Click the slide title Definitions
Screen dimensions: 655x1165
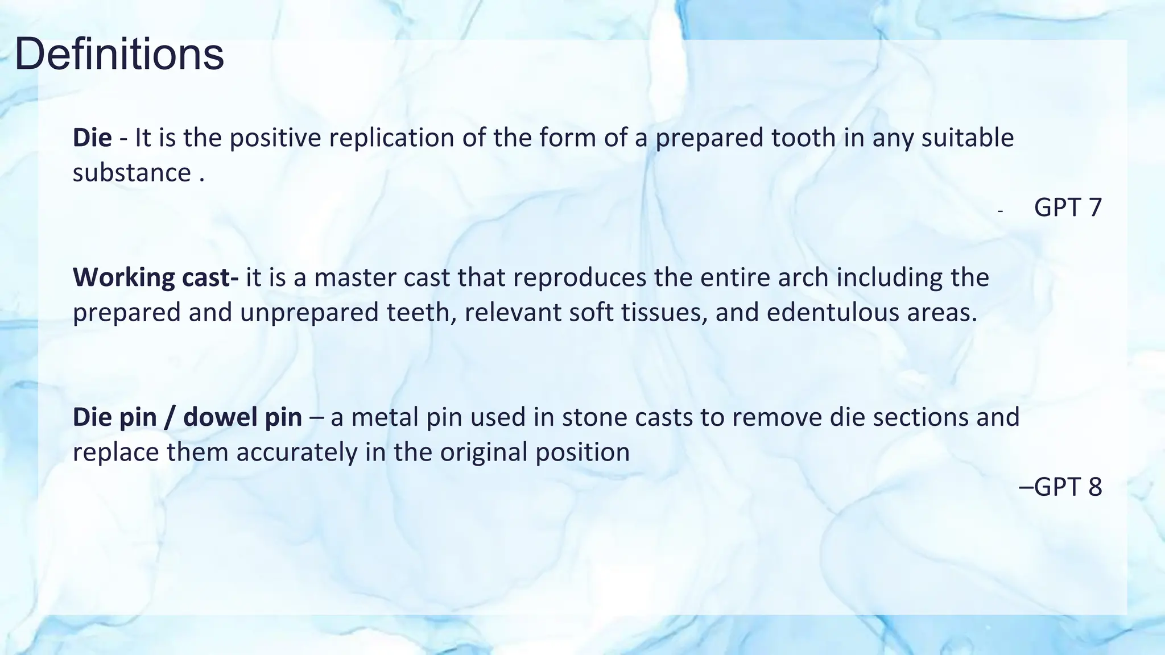(119, 55)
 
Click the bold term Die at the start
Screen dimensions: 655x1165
(92, 138)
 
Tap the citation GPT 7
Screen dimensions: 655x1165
(1068, 208)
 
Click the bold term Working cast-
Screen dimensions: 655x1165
(156, 277)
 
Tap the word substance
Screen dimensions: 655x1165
(131, 173)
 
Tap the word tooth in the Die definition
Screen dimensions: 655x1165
(803, 138)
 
